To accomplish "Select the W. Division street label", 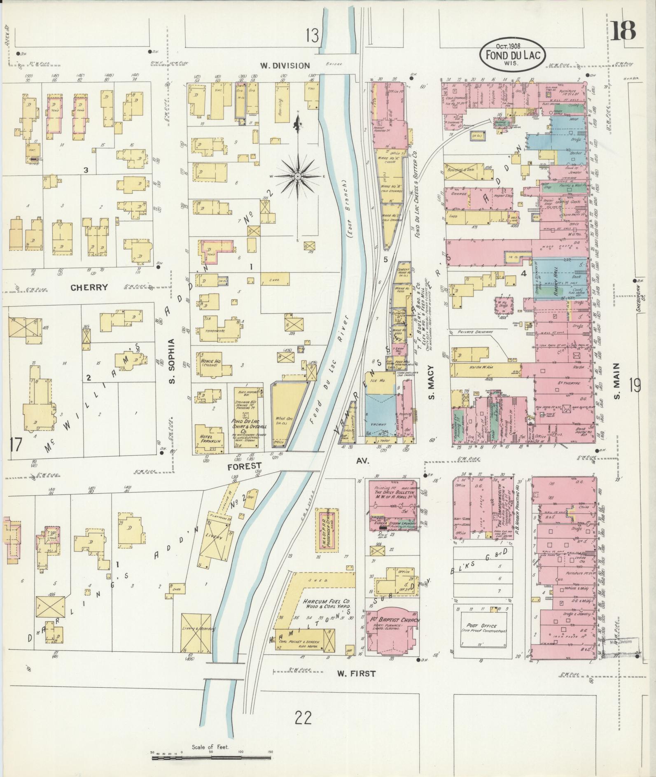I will [285, 65].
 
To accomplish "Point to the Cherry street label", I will [89, 287].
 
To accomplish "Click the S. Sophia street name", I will [173, 361].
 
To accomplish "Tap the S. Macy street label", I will [431, 383].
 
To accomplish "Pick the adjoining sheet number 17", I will [15, 446].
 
